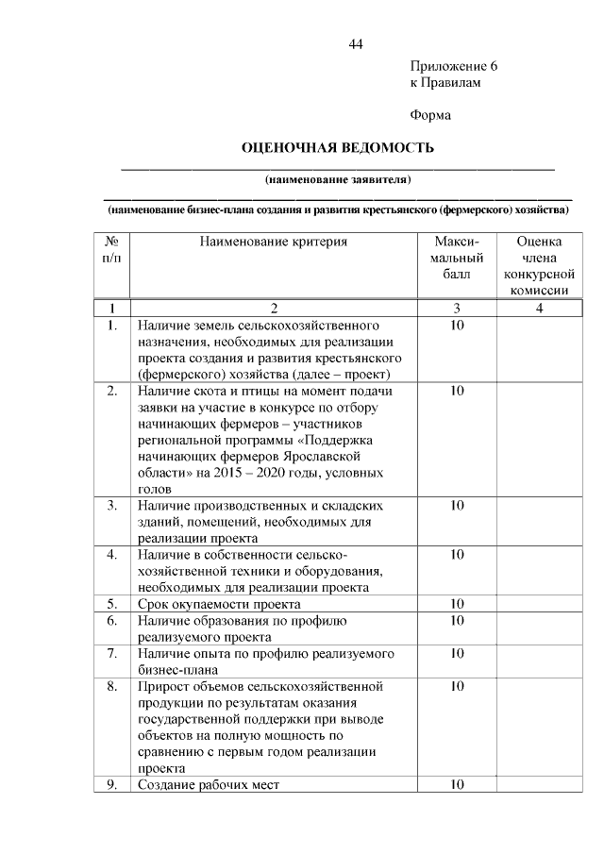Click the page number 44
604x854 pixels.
356,44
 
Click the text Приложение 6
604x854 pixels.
453,67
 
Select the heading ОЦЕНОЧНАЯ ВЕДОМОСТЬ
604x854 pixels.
338,148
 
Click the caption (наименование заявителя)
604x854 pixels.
338,178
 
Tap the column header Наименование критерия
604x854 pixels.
274,242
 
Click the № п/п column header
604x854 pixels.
110,249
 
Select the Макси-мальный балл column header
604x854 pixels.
457,258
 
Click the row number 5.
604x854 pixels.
111,603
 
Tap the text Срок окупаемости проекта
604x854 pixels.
219,603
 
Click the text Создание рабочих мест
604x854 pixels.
209,784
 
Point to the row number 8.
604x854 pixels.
111,686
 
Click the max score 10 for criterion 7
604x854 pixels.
457,652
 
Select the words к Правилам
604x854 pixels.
445,83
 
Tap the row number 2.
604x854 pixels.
111,390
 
